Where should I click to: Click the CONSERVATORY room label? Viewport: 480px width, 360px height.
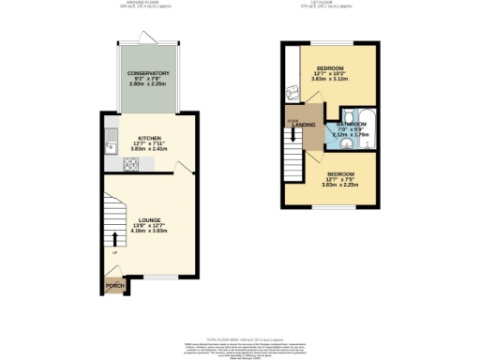coord(149,73)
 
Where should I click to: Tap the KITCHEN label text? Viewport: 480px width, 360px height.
coord(151,138)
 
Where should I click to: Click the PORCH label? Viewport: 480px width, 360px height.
coord(115,285)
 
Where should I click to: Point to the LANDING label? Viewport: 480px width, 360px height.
coord(304,125)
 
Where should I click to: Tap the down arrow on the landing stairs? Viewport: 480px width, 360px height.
coord(294,139)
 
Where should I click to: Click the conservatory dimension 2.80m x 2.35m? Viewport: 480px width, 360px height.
coord(149,84)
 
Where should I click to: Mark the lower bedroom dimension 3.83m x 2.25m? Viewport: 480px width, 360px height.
coord(341,186)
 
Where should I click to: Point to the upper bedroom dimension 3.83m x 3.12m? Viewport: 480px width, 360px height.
coord(330,80)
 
